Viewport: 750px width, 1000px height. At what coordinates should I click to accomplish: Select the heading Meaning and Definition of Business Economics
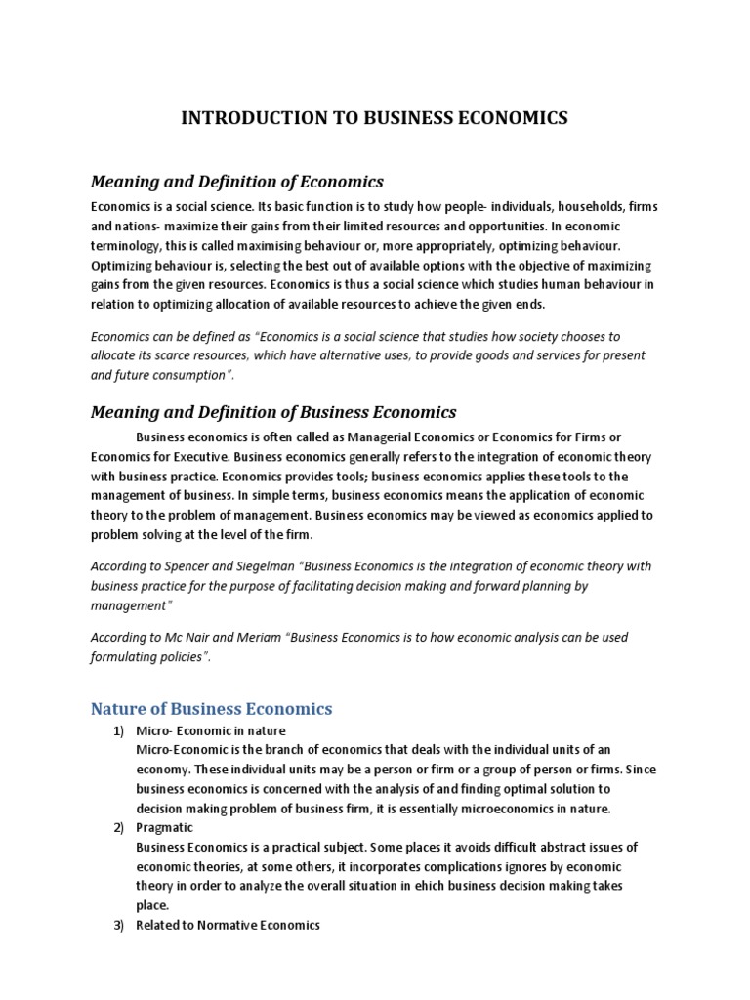273,412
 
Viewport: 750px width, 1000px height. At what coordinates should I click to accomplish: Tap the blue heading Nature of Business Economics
211,708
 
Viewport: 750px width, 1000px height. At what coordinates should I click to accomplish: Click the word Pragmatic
165,827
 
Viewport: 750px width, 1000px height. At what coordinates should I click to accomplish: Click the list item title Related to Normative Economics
228,925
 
